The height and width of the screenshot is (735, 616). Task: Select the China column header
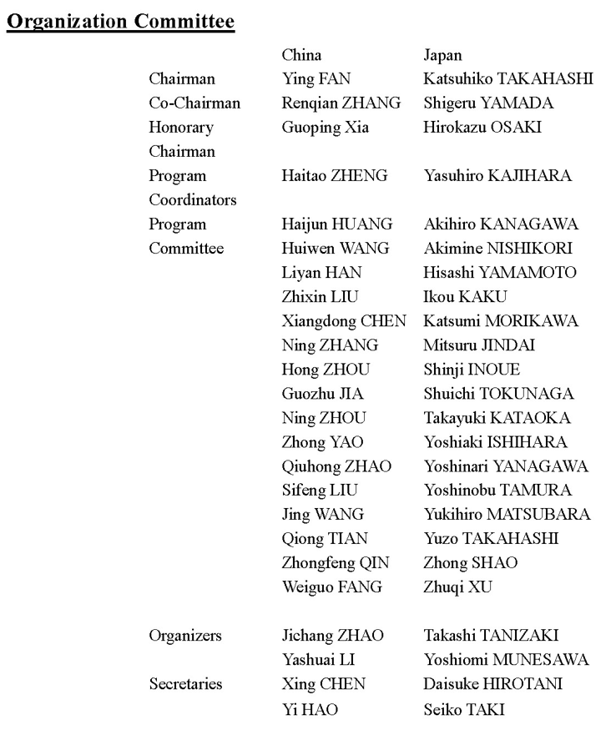301,56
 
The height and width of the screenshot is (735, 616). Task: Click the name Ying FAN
317,79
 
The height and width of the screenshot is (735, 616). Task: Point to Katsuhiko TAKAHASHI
508,79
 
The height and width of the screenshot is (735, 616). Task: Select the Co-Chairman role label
194,103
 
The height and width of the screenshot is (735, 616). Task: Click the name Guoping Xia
321,128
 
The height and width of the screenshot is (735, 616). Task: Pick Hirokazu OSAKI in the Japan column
482,128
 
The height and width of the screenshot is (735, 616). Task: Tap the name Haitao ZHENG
335,176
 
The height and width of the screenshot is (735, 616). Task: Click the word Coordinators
193,200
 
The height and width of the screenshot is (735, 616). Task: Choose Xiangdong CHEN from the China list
344,321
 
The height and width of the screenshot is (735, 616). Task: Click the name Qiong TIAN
325,539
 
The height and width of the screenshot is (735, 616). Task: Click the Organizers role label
185,636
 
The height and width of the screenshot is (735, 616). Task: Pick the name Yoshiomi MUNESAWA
506,660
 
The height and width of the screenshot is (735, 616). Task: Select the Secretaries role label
185,684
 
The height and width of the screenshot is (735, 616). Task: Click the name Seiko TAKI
462,708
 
